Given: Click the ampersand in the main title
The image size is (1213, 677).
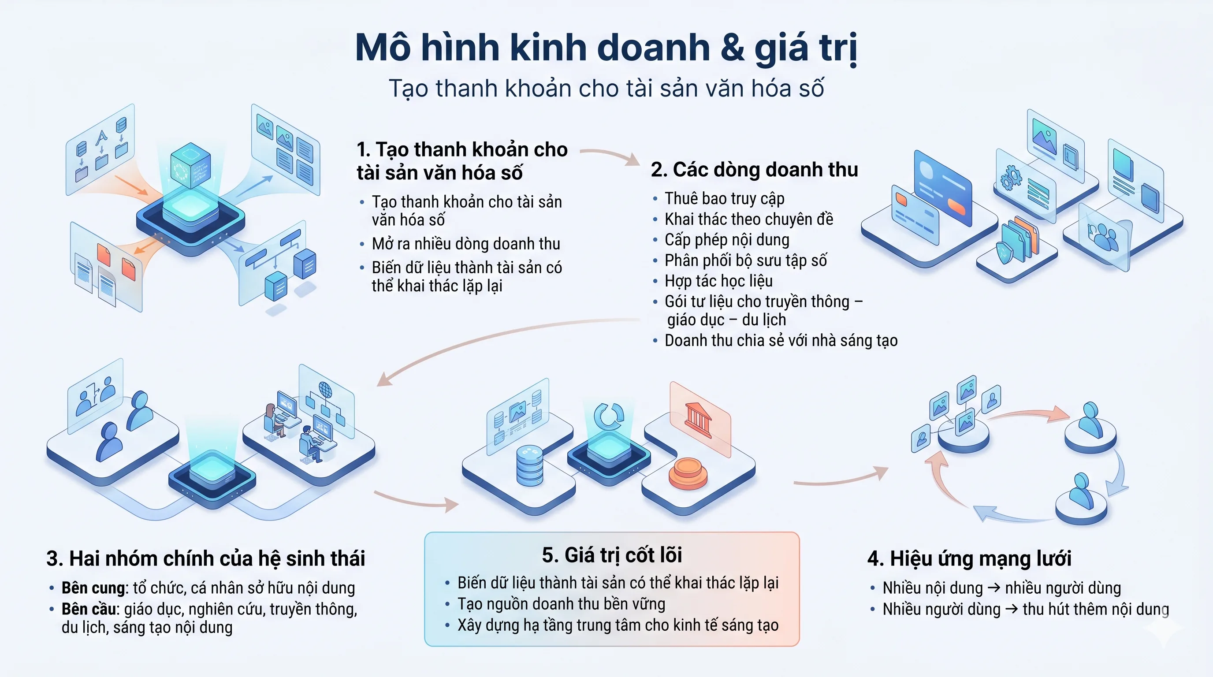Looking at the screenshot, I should (x=732, y=48).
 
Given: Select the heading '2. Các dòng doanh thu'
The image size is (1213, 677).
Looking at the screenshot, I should (x=754, y=170).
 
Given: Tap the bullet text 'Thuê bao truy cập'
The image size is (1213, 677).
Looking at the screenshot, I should (x=724, y=199).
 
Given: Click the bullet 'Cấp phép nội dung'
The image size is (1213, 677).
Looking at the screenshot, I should (x=726, y=240).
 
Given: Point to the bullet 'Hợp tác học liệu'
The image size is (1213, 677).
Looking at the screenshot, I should (x=718, y=281).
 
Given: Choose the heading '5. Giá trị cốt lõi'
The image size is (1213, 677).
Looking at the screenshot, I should (x=612, y=555).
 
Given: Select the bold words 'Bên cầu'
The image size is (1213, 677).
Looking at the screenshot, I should (x=89, y=609).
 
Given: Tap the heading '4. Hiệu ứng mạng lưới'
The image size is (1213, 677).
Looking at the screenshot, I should (x=969, y=559).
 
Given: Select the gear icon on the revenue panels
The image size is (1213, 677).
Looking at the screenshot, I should (x=1011, y=179).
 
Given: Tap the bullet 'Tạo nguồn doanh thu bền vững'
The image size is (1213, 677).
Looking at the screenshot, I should (x=561, y=604).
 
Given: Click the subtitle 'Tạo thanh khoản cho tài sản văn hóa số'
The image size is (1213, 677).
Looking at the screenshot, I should (x=606, y=89).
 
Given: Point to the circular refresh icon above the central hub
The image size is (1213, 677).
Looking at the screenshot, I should (x=608, y=416).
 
